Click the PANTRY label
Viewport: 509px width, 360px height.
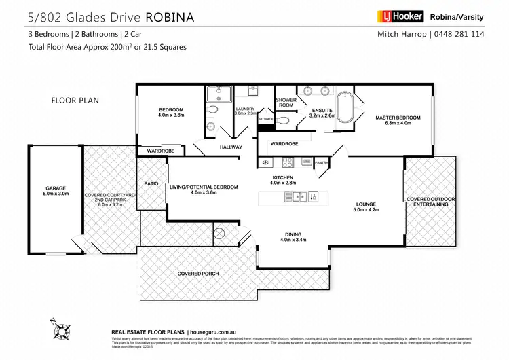(322, 162)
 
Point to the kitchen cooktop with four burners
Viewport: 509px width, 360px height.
(287, 162)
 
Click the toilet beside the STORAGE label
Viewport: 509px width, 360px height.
(283, 120)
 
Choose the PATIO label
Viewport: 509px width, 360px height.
(151, 183)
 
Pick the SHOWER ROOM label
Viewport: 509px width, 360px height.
(284, 103)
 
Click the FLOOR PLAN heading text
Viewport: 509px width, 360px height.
(75, 101)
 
